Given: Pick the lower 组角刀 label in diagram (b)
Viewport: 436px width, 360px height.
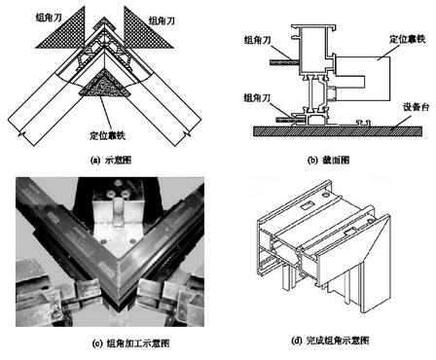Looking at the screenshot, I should (x=250, y=95).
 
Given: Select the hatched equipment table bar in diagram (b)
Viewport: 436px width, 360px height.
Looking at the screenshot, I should (x=331, y=129).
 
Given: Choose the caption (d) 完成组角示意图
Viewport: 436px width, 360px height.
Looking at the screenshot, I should (x=327, y=340).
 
